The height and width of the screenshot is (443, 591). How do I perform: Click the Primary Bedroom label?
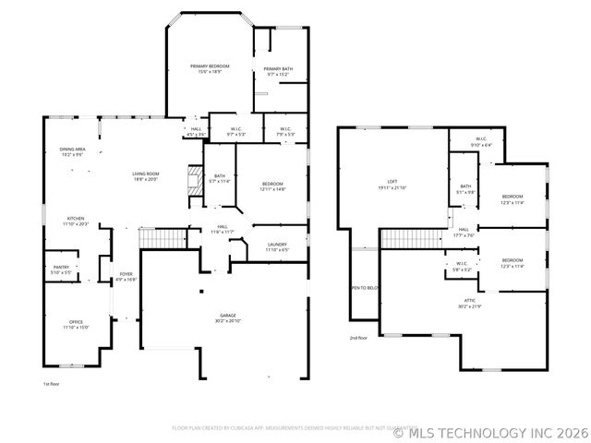coord(210,68)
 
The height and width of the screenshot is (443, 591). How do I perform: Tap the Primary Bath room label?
coord(278,72)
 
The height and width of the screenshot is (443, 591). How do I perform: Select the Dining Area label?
coord(72,151)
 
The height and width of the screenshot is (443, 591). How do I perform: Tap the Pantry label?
coord(61,269)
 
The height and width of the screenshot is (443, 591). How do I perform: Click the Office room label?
coord(76,324)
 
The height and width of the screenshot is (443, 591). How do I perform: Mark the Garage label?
coord(227,318)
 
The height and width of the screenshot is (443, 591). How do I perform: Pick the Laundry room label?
coord(277,246)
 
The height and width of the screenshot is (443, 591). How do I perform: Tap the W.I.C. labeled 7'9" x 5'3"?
coord(285,131)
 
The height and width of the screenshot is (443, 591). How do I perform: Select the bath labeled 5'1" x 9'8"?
coord(465,189)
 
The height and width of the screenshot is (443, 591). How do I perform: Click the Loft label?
coord(392,185)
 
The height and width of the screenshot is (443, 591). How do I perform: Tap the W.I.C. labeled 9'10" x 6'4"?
coord(481,143)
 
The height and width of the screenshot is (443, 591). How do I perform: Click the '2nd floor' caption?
coord(357,338)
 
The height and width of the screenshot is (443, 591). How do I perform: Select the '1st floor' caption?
coord(51,383)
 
